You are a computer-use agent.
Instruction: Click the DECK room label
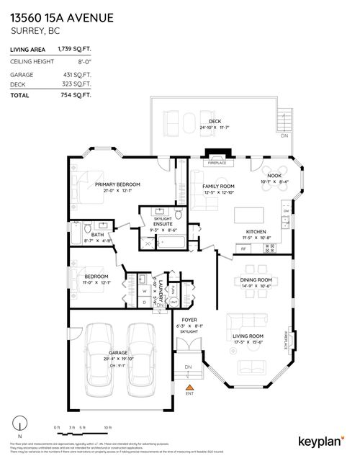pos(214,121)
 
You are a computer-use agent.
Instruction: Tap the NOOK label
pos(274,176)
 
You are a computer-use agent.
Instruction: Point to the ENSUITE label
pos(162,224)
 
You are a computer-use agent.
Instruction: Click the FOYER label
pos(189,320)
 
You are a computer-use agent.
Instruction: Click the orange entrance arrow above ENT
pos(189,387)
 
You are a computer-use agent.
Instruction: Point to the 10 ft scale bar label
pos(107,428)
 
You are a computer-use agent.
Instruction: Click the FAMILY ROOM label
pos(209,186)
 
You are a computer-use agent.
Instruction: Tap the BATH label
pos(96,234)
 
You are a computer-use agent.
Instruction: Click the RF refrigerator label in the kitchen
pos(243,248)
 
